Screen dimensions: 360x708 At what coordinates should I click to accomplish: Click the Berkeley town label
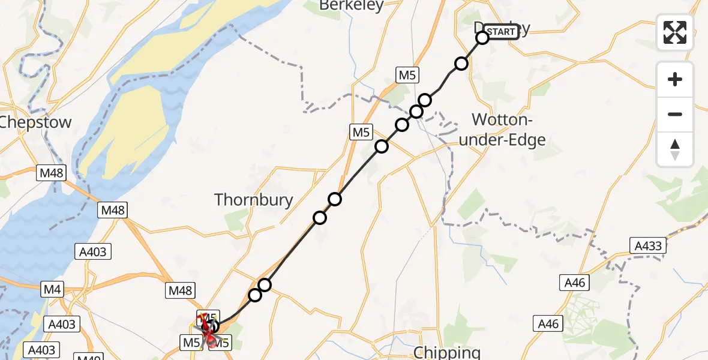click(x=351, y=5)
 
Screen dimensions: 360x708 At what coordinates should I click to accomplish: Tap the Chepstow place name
click(x=36, y=122)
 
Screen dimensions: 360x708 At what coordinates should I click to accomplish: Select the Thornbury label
click(x=254, y=200)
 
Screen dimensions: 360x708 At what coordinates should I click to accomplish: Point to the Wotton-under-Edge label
click(x=508, y=129)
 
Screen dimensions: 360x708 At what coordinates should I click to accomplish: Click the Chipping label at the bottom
click(x=446, y=352)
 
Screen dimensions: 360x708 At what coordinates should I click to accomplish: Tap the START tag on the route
click(x=500, y=32)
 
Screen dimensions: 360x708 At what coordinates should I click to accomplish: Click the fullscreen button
click(x=675, y=32)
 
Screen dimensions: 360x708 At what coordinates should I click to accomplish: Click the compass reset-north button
click(x=675, y=149)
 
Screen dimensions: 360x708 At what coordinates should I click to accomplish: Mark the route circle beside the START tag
click(x=482, y=38)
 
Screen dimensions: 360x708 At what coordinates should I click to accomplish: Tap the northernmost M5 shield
click(x=407, y=75)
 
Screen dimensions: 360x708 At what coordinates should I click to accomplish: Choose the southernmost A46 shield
click(x=548, y=324)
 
